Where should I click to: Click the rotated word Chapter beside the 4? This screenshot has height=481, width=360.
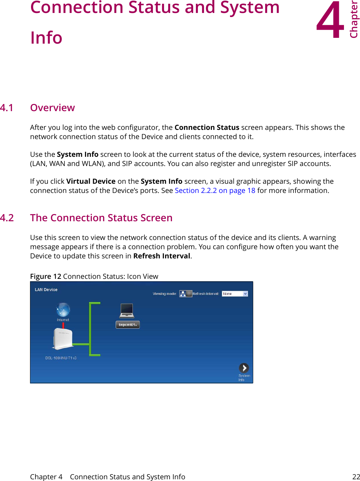pyautogui.click(x=354, y=20)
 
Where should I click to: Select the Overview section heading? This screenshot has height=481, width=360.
pyautogui.click(x=52, y=108)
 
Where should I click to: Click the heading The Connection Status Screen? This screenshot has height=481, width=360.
pyautogui.click(x=101, y=218)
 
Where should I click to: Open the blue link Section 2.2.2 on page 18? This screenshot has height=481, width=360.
pyautogui.click(x=215, y=191)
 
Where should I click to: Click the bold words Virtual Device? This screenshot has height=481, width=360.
pyautogui.click(x=91, y=181)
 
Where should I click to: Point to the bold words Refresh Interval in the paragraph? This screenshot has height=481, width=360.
pyautogui.click(x=162, y=256)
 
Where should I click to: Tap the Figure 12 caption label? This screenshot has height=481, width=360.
pyautogui.click(x=46, y=276)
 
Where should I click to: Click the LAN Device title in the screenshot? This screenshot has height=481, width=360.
pyautogui.click(x=46, y=290)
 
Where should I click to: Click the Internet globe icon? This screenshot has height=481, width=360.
pyautogui.click(x=63, y=310)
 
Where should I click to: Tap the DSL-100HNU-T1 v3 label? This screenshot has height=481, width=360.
pyautogui.click(x=61, y=358)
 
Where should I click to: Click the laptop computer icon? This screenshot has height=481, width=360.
pyautogui.click(x=127, y=311)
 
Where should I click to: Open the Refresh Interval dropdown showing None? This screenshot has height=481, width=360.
pyautogui.click(x=235, y=294)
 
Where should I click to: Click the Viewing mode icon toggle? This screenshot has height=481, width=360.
pyautogui.click(x=186, y=294)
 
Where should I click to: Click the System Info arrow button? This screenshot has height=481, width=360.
pyautogui.click(x=244, y=368)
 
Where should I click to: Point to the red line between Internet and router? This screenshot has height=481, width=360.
pyautogui.click(x=63, y=325)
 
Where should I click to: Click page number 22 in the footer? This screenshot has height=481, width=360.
pyautogui.click(x=356, y=477)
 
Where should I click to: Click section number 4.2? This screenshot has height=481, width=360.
pyautogui.click(x=7, y=218)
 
